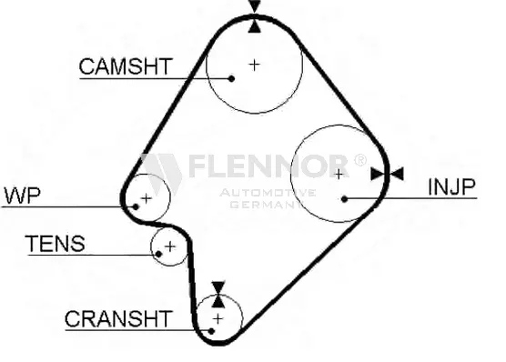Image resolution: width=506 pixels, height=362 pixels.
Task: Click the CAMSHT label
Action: (126, 66)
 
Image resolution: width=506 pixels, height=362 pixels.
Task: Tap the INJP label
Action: (451, 186)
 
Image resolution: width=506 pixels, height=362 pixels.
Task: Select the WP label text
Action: (22, 195)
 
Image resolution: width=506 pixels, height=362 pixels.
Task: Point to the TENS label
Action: (56, 243)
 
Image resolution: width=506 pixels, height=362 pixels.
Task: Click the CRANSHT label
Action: (118, 318)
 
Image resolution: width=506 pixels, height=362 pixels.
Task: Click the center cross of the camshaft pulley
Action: (255, 65)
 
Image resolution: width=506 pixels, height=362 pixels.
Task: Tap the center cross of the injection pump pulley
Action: (339, 175)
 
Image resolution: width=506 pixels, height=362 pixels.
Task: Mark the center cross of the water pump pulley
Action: (147, 198)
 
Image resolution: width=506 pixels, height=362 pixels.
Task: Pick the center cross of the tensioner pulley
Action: (170, 246)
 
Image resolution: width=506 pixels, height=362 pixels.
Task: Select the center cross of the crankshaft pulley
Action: (218, 319)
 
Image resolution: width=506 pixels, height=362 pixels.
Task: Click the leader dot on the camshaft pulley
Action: (231, 78)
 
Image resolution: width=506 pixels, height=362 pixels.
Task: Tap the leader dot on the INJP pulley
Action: (344, 199)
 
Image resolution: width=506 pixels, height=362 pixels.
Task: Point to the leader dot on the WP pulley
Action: (136, 206)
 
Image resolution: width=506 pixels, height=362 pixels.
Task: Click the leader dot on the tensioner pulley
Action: (158, 254)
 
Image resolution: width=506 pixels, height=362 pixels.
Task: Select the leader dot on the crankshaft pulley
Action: (211, 331)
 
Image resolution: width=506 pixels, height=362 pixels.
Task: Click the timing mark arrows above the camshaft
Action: (255, 16)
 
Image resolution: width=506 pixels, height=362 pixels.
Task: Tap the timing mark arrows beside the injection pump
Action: (388, 174)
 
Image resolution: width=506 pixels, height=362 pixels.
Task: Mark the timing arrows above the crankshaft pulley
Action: (218, 295)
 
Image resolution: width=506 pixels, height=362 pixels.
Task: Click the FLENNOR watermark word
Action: (268, 166)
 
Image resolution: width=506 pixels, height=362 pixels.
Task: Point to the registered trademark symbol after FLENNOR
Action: (360, 160)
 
